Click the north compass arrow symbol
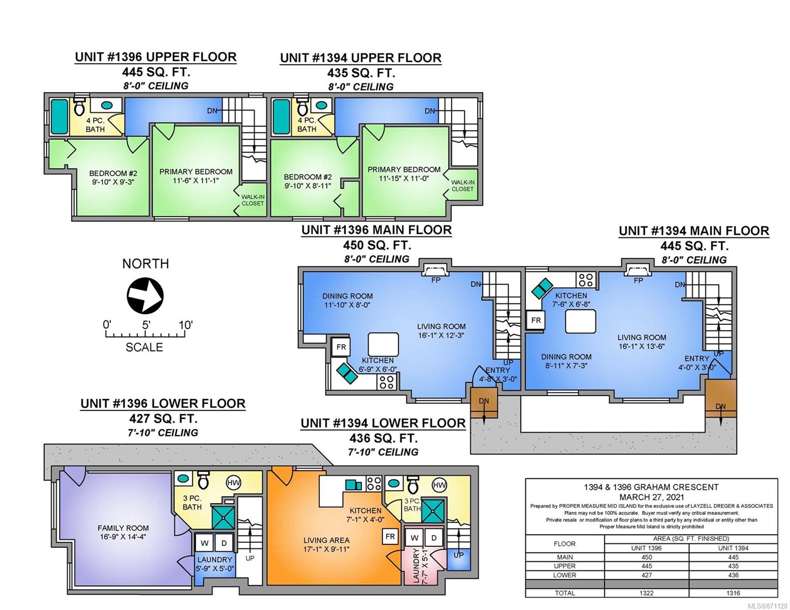(145, 295)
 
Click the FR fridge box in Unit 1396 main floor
(341, 347)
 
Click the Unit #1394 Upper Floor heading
(361, 58)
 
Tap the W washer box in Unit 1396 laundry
(204, 543)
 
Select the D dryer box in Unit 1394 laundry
(434, 538)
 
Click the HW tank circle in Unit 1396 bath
(233, 483)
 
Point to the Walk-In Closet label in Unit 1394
(462, 186)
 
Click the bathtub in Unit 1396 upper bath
(59, 116)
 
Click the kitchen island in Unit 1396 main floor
(383, 344)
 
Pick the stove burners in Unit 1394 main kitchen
(586, 280)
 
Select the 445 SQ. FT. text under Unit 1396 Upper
(156, 72)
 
